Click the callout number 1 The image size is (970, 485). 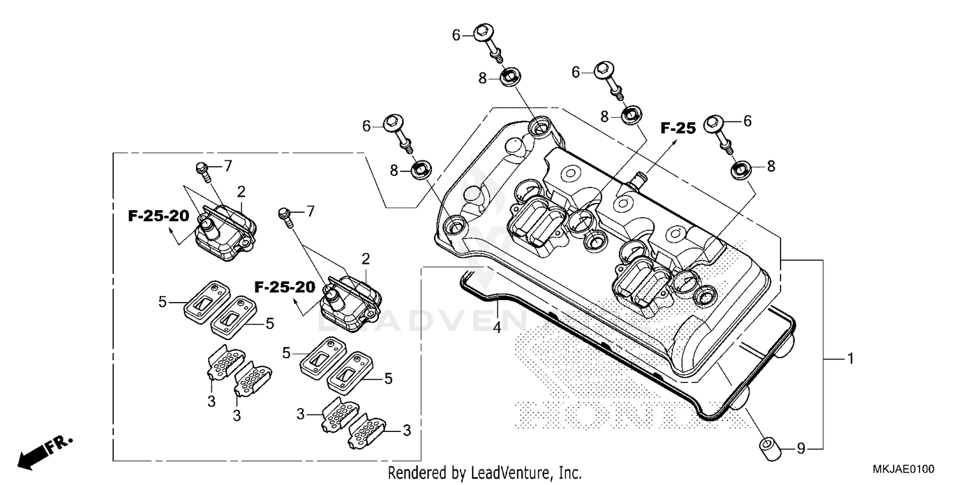point(851,358)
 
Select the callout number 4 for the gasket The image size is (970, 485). point(497,328)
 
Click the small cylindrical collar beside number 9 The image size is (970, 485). point(768,447)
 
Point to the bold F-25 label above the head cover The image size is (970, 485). point(677,128)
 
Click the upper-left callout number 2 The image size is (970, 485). point(241,191)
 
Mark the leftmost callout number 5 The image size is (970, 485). point(163,301)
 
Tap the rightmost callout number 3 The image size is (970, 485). point(407,430)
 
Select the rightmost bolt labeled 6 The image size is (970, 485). point(716,125)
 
